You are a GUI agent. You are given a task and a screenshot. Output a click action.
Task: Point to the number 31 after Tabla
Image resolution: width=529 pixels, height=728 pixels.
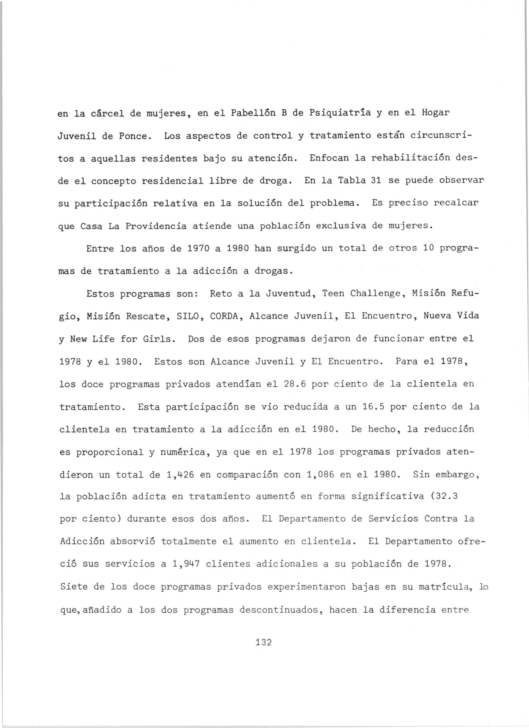[375, 181]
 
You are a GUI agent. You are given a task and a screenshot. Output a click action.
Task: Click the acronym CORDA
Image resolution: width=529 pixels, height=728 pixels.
[224, 316]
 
